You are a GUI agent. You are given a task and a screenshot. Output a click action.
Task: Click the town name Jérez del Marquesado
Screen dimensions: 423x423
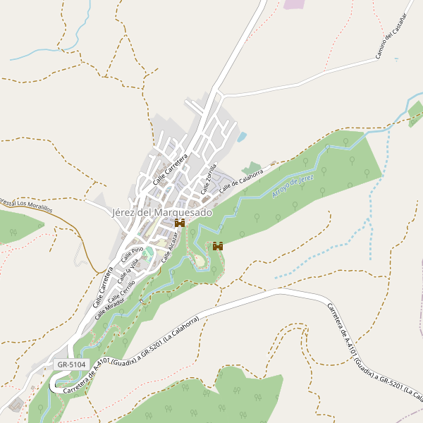[161, 212]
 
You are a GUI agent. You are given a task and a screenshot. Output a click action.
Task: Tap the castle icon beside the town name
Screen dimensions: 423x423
[180, 223]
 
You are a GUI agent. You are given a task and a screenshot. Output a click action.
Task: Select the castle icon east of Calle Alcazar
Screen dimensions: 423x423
[218, 246]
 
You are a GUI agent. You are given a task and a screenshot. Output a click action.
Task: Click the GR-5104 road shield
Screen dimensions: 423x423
[72, 364]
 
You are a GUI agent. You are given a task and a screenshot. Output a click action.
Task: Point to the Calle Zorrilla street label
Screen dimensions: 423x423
[208, 179]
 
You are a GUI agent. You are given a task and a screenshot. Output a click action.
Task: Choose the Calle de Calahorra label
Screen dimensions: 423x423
[241, 180]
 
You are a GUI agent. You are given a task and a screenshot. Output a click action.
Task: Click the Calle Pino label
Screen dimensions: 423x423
[132, 255]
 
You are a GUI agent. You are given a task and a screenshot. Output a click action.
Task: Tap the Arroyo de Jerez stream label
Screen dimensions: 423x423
[293, 184]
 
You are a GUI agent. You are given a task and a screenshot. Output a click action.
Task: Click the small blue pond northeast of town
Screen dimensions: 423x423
[242, 137]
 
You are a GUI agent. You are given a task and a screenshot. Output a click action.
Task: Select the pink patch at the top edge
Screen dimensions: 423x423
[293, 4]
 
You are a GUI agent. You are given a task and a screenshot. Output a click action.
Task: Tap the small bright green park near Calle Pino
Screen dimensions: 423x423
[149, 252]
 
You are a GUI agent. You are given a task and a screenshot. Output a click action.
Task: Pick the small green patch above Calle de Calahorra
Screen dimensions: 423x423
[252, 168]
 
